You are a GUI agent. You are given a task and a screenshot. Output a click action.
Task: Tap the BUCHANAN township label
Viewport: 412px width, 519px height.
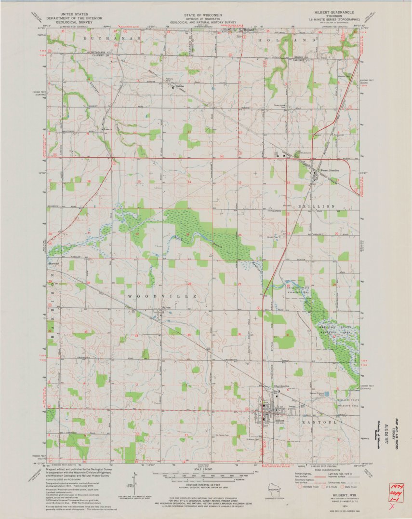(111, 38)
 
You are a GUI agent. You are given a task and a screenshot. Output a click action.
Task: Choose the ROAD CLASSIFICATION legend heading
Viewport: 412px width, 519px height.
(332, 468)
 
